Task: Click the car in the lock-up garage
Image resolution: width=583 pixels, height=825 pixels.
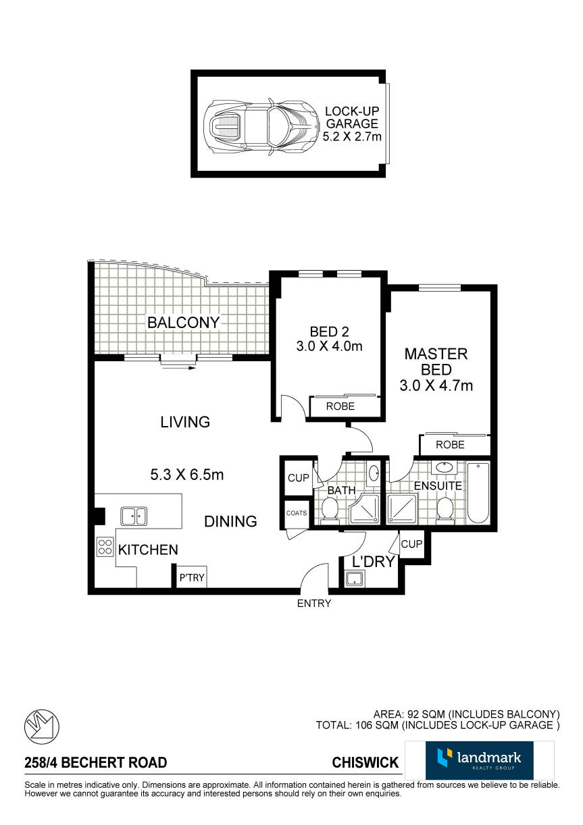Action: tap(261, 126)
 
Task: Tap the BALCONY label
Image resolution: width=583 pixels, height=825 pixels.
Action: tap(183, 323)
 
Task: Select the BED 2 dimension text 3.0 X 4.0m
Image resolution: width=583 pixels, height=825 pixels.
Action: tap(329, 346)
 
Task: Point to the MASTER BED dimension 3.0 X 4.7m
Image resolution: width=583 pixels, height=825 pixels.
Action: tap(436, 385)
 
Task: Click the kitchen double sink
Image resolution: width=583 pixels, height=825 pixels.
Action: tap(134, 516)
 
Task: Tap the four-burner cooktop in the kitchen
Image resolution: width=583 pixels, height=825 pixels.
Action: tap(105, 547)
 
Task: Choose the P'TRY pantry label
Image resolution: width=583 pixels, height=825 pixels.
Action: tap(192, 577)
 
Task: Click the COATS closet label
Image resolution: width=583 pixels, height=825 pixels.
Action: tap(297, 513)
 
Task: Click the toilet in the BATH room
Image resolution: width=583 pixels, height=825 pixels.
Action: tap(329, 510)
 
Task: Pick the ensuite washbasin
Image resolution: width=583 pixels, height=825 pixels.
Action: tap(445, 467)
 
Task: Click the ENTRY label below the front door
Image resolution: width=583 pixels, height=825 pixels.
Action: tap(314, 604)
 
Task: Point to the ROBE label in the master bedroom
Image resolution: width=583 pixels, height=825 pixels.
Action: tap(450, 444)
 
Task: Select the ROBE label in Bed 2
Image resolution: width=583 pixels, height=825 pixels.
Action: tap(340, 406)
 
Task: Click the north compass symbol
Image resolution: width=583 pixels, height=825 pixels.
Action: tap(42, 726)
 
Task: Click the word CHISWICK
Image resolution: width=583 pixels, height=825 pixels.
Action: tap(365, 762)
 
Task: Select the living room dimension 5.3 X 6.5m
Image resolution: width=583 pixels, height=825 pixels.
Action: tap(187, 475)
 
